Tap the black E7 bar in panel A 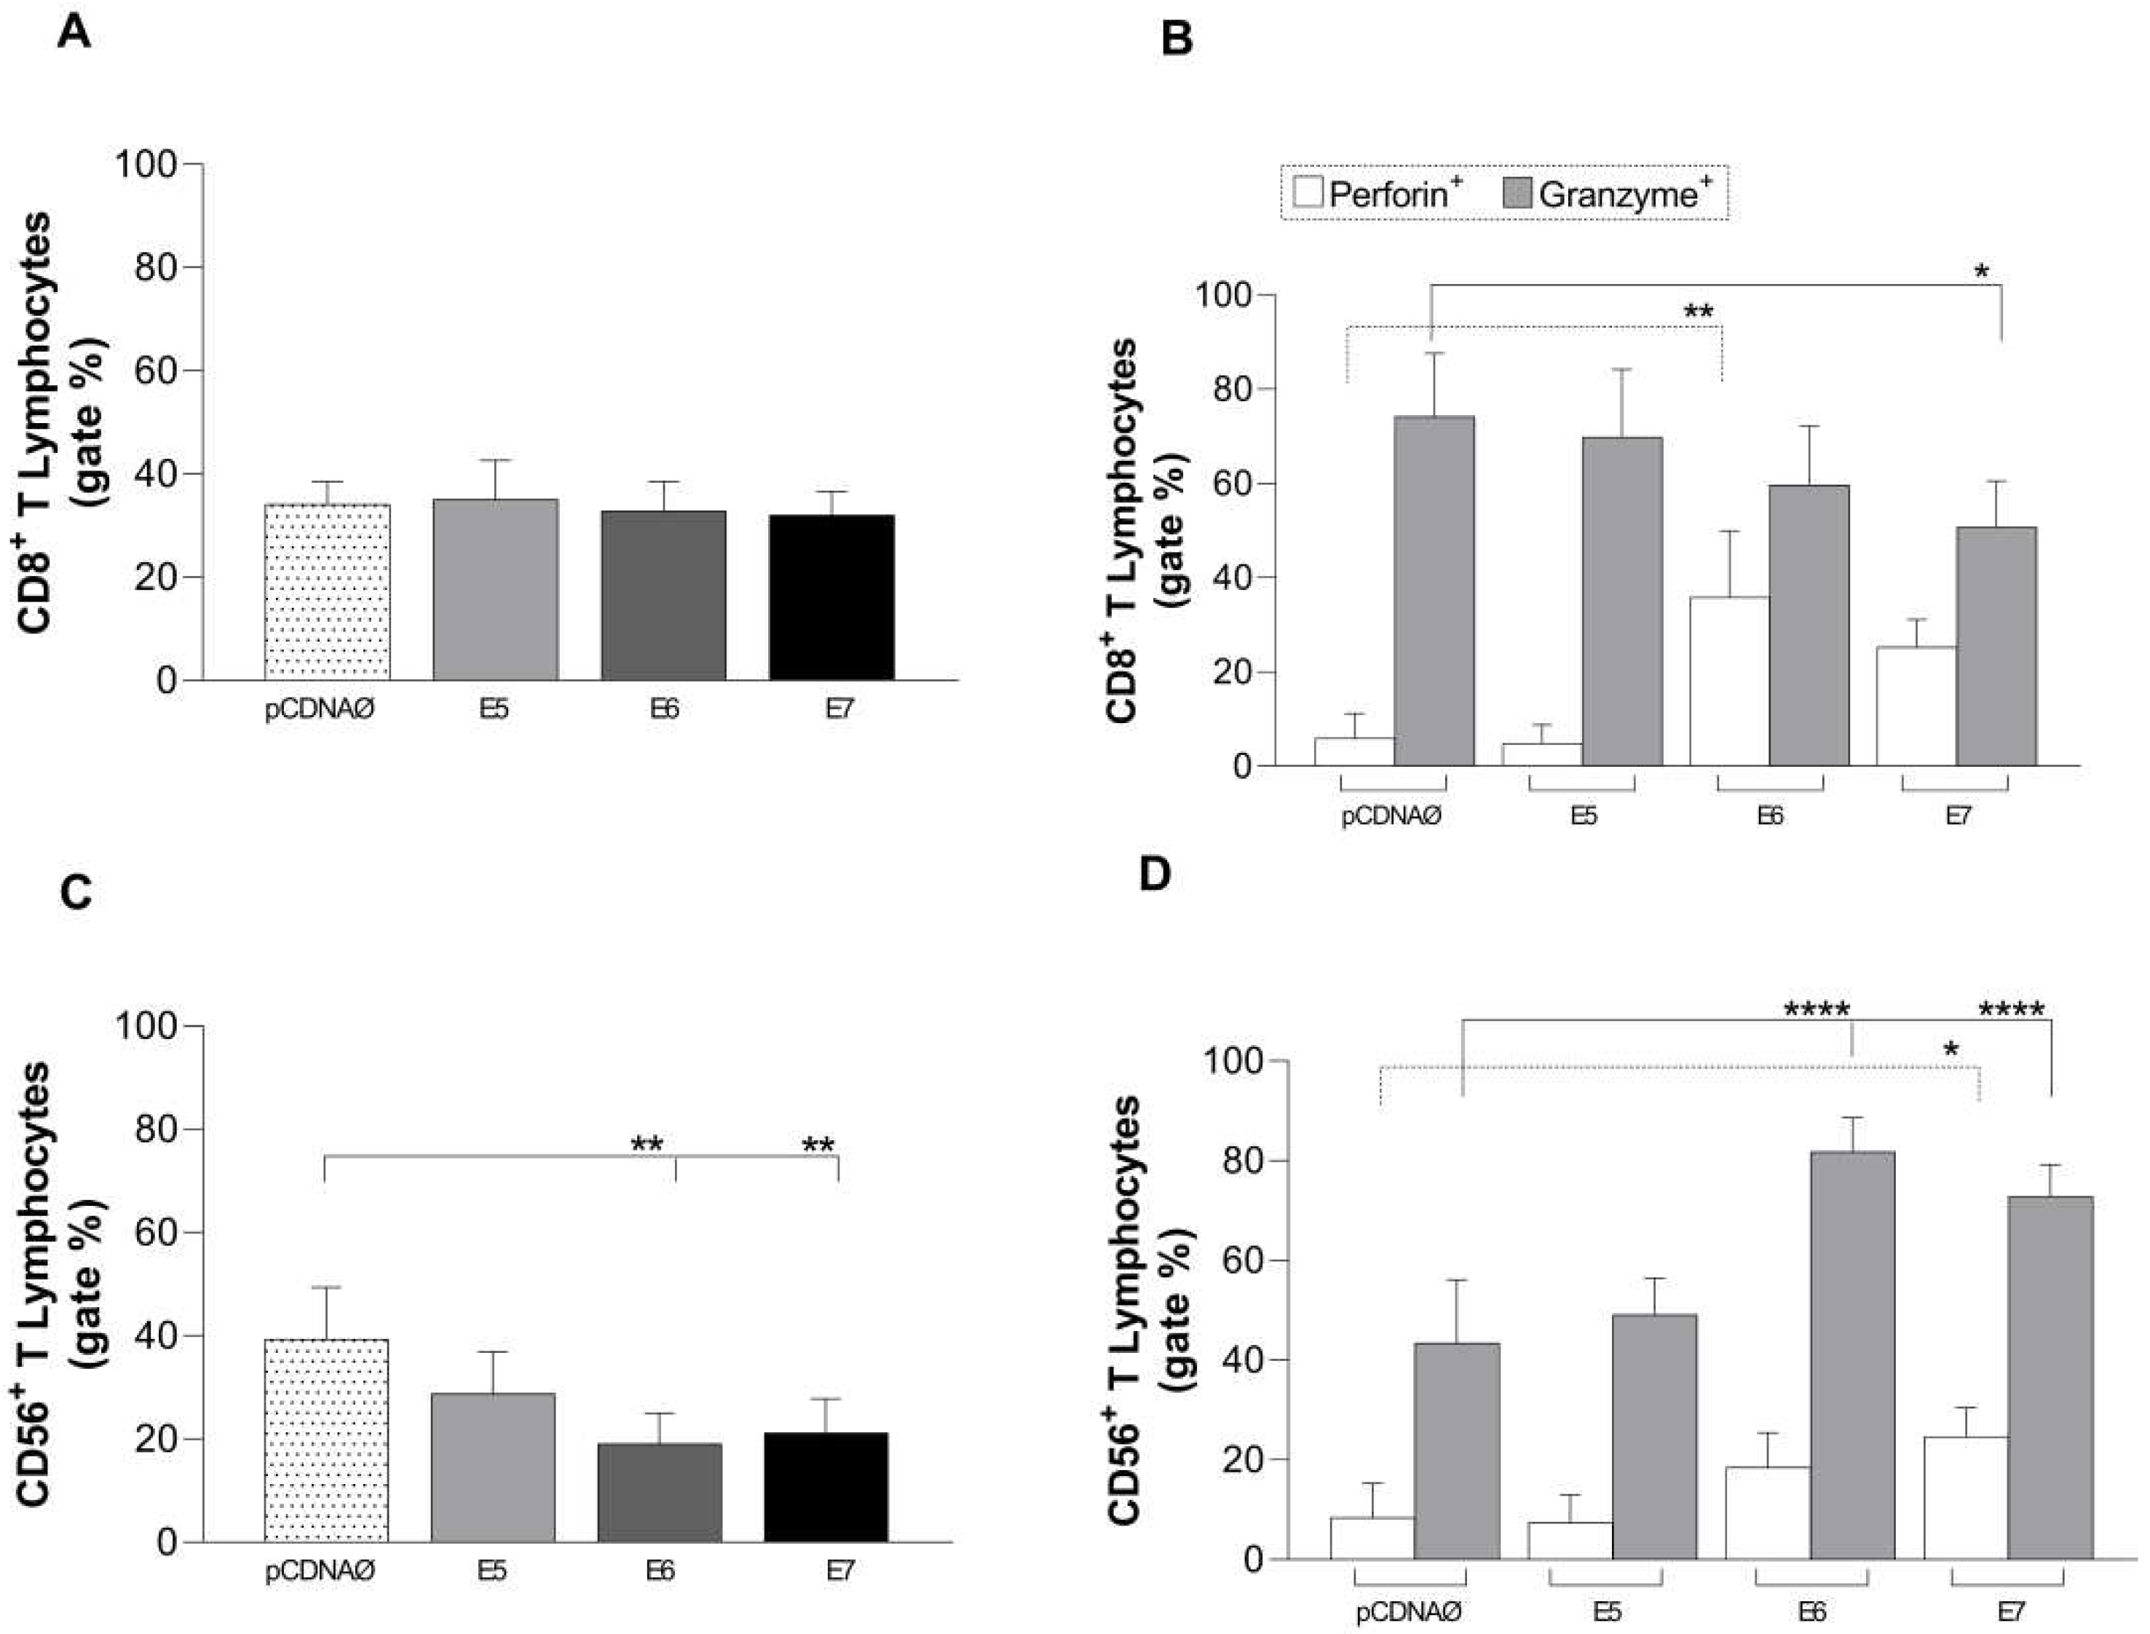[831, 597]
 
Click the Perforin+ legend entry [1381, 194]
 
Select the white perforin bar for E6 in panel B [1729, 681]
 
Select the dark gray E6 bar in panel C [660, 1492]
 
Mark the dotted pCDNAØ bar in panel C [325, 1440]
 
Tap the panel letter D [1155, 873]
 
